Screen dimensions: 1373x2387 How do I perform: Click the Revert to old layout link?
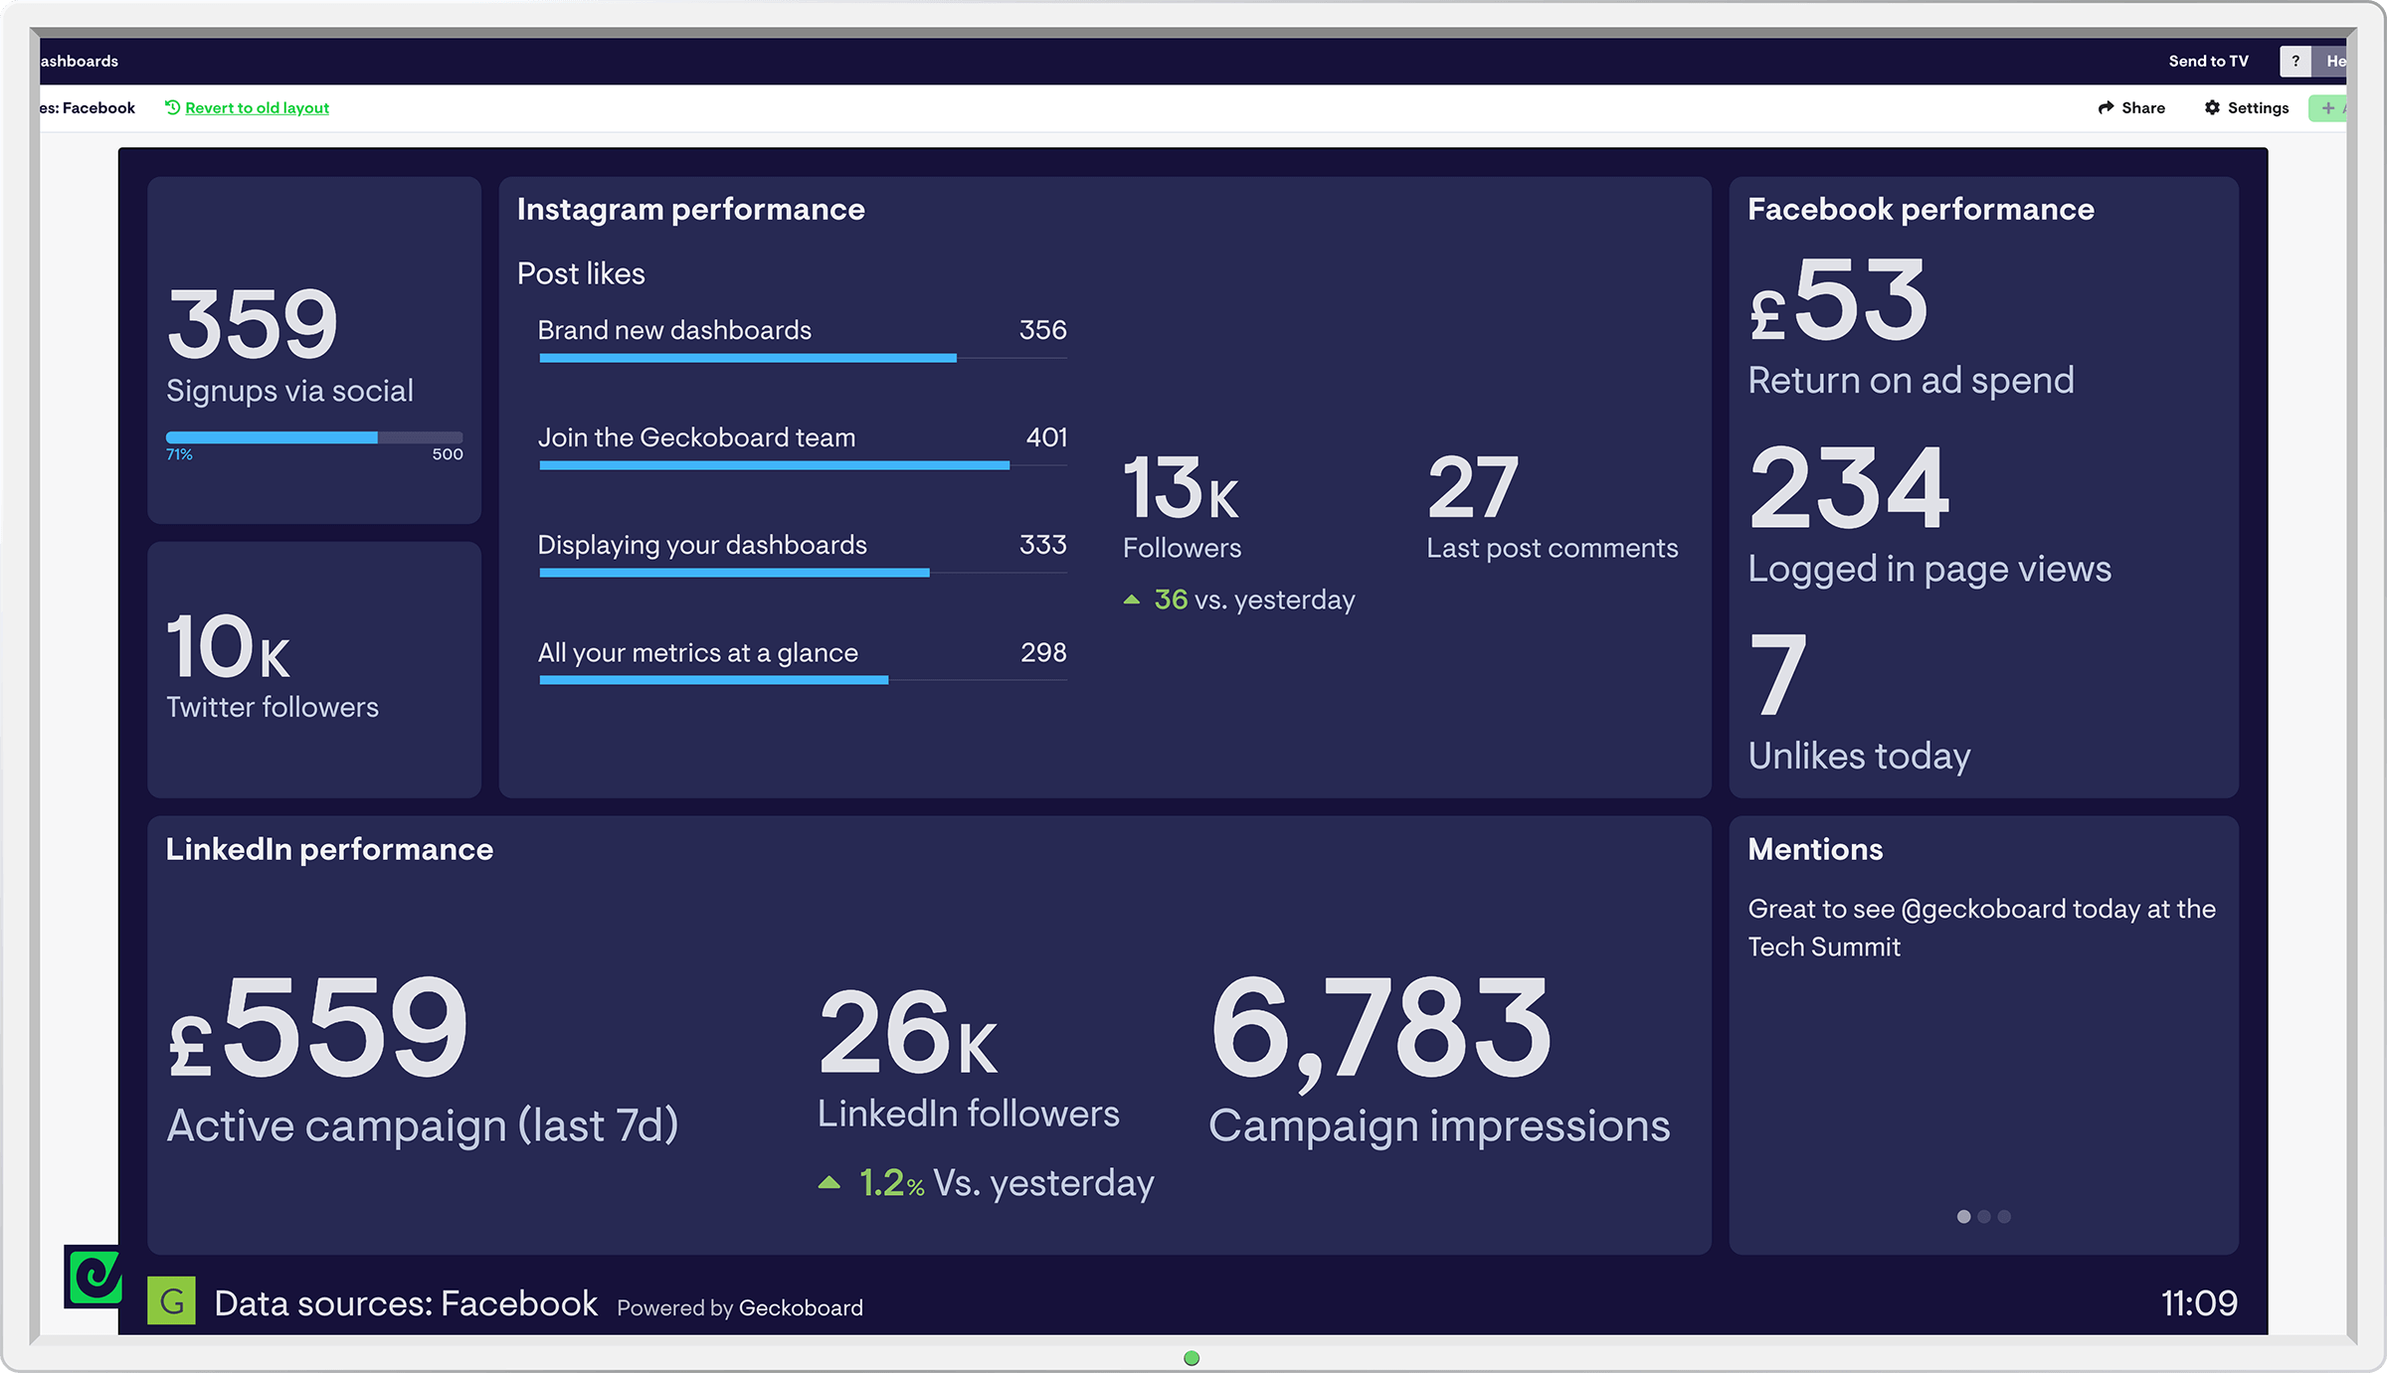tap(257, 108)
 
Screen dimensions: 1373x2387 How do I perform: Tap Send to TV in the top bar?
tap(2208, 62)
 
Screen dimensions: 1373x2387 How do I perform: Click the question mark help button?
tap(2295, 62)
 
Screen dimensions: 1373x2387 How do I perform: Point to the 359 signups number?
tap(253, 324)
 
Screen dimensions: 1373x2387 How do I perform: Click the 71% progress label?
tap(179, 454)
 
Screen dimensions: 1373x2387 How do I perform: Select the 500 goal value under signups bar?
tap(448, 454)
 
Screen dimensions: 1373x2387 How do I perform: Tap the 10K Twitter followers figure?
tap(228, 647)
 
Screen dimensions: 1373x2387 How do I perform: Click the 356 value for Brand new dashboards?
tap(1042, 330)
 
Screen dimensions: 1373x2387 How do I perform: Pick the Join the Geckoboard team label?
tap(696, 437)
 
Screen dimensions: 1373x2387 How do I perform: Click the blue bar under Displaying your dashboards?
tap(734, 573)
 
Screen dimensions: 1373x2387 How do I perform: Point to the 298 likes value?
tap(1043, 652)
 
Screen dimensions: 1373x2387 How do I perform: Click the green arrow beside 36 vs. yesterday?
tap(1132, 600)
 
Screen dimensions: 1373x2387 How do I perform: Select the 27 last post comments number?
tap(1473, 488)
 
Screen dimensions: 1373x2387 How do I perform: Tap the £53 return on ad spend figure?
tap(1840, 301)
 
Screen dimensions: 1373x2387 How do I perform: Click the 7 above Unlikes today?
tap(1777, 675)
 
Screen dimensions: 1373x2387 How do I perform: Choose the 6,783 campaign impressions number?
tap(1380, 1029)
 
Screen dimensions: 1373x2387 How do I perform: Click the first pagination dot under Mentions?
tap(1963, 1217)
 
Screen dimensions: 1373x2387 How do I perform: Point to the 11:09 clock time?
tap(2199, 1303)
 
